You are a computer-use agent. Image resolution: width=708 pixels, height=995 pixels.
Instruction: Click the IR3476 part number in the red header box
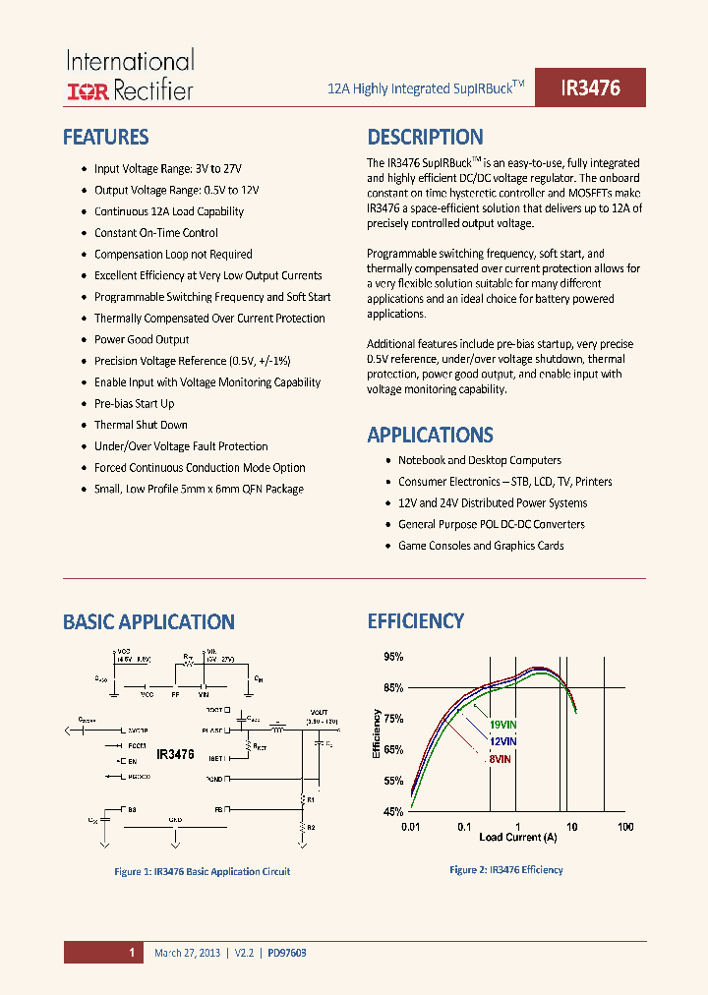tap(590, 88)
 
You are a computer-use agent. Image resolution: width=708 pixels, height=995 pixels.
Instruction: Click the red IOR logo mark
tap(88, 91)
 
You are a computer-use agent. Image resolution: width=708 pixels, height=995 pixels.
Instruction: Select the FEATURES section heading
tap(105, 137)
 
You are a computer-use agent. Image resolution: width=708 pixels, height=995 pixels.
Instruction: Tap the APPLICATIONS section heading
tap(430, 435)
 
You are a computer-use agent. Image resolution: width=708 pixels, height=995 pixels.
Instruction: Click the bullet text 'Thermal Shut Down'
tap(141, 425)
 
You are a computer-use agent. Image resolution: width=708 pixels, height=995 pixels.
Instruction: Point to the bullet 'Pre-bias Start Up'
tap(134, 403)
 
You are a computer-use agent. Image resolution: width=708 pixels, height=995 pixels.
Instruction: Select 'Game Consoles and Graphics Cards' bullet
tap(481, 546)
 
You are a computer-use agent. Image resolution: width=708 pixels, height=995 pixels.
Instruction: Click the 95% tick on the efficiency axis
tap(392, 657)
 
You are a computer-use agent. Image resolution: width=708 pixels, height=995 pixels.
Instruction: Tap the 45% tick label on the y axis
tap(392, 812)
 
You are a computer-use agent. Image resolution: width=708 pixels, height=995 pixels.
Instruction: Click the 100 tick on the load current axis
tap(625, 827)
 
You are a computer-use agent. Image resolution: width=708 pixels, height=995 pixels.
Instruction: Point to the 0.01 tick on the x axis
tap(411, 827)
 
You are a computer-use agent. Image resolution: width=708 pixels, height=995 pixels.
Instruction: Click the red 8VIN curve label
tap(499, 758)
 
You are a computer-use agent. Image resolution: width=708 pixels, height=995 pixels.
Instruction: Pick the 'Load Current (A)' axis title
tap(517, 837)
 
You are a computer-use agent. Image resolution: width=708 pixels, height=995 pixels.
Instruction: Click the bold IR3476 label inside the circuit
tap(175, 754)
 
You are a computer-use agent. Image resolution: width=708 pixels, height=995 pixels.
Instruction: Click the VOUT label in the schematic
tap(319, 712)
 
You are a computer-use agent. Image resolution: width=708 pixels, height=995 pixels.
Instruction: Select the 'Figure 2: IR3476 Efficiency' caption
tap(505, 869)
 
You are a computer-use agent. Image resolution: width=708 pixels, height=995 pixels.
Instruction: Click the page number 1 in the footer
tap(131, 952)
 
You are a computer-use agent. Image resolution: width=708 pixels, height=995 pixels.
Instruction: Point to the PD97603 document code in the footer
tap(286, 953)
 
